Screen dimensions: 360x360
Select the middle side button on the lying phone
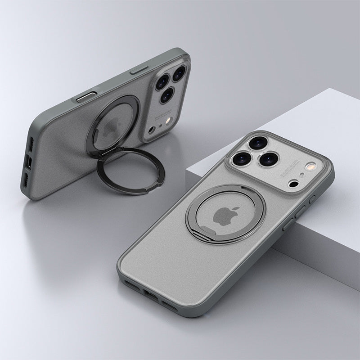(299, 211)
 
